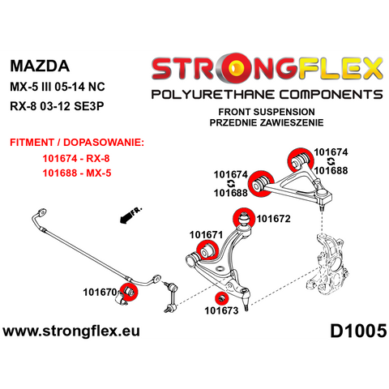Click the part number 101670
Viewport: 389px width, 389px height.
pos(100,292)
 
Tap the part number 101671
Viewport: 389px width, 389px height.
pos(206,235)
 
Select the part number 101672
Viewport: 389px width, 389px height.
pos(273,219)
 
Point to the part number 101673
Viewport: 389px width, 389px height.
pos(221,310)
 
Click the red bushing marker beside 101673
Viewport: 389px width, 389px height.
pos(221,298)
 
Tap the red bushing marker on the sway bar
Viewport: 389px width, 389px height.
pos(129,291)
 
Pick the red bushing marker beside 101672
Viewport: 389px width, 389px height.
pos(244,218)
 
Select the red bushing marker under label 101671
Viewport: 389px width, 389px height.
pos(207,250)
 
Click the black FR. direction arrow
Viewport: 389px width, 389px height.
pos(130,216)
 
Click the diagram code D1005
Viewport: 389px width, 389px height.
pos(358,331)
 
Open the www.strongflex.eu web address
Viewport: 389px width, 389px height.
pos(71,331)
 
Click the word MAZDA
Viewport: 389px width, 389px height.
pos(40,66)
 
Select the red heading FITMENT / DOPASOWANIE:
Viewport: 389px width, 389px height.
pos(77,142)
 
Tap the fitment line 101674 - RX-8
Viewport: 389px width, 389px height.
pos(76,158)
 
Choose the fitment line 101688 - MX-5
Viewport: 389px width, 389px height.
pos(77,173)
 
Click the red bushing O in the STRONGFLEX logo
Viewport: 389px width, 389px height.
pos(236,67)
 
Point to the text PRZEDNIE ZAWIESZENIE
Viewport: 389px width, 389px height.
pos(267,122)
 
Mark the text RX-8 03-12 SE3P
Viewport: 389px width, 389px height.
pos(57,106)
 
